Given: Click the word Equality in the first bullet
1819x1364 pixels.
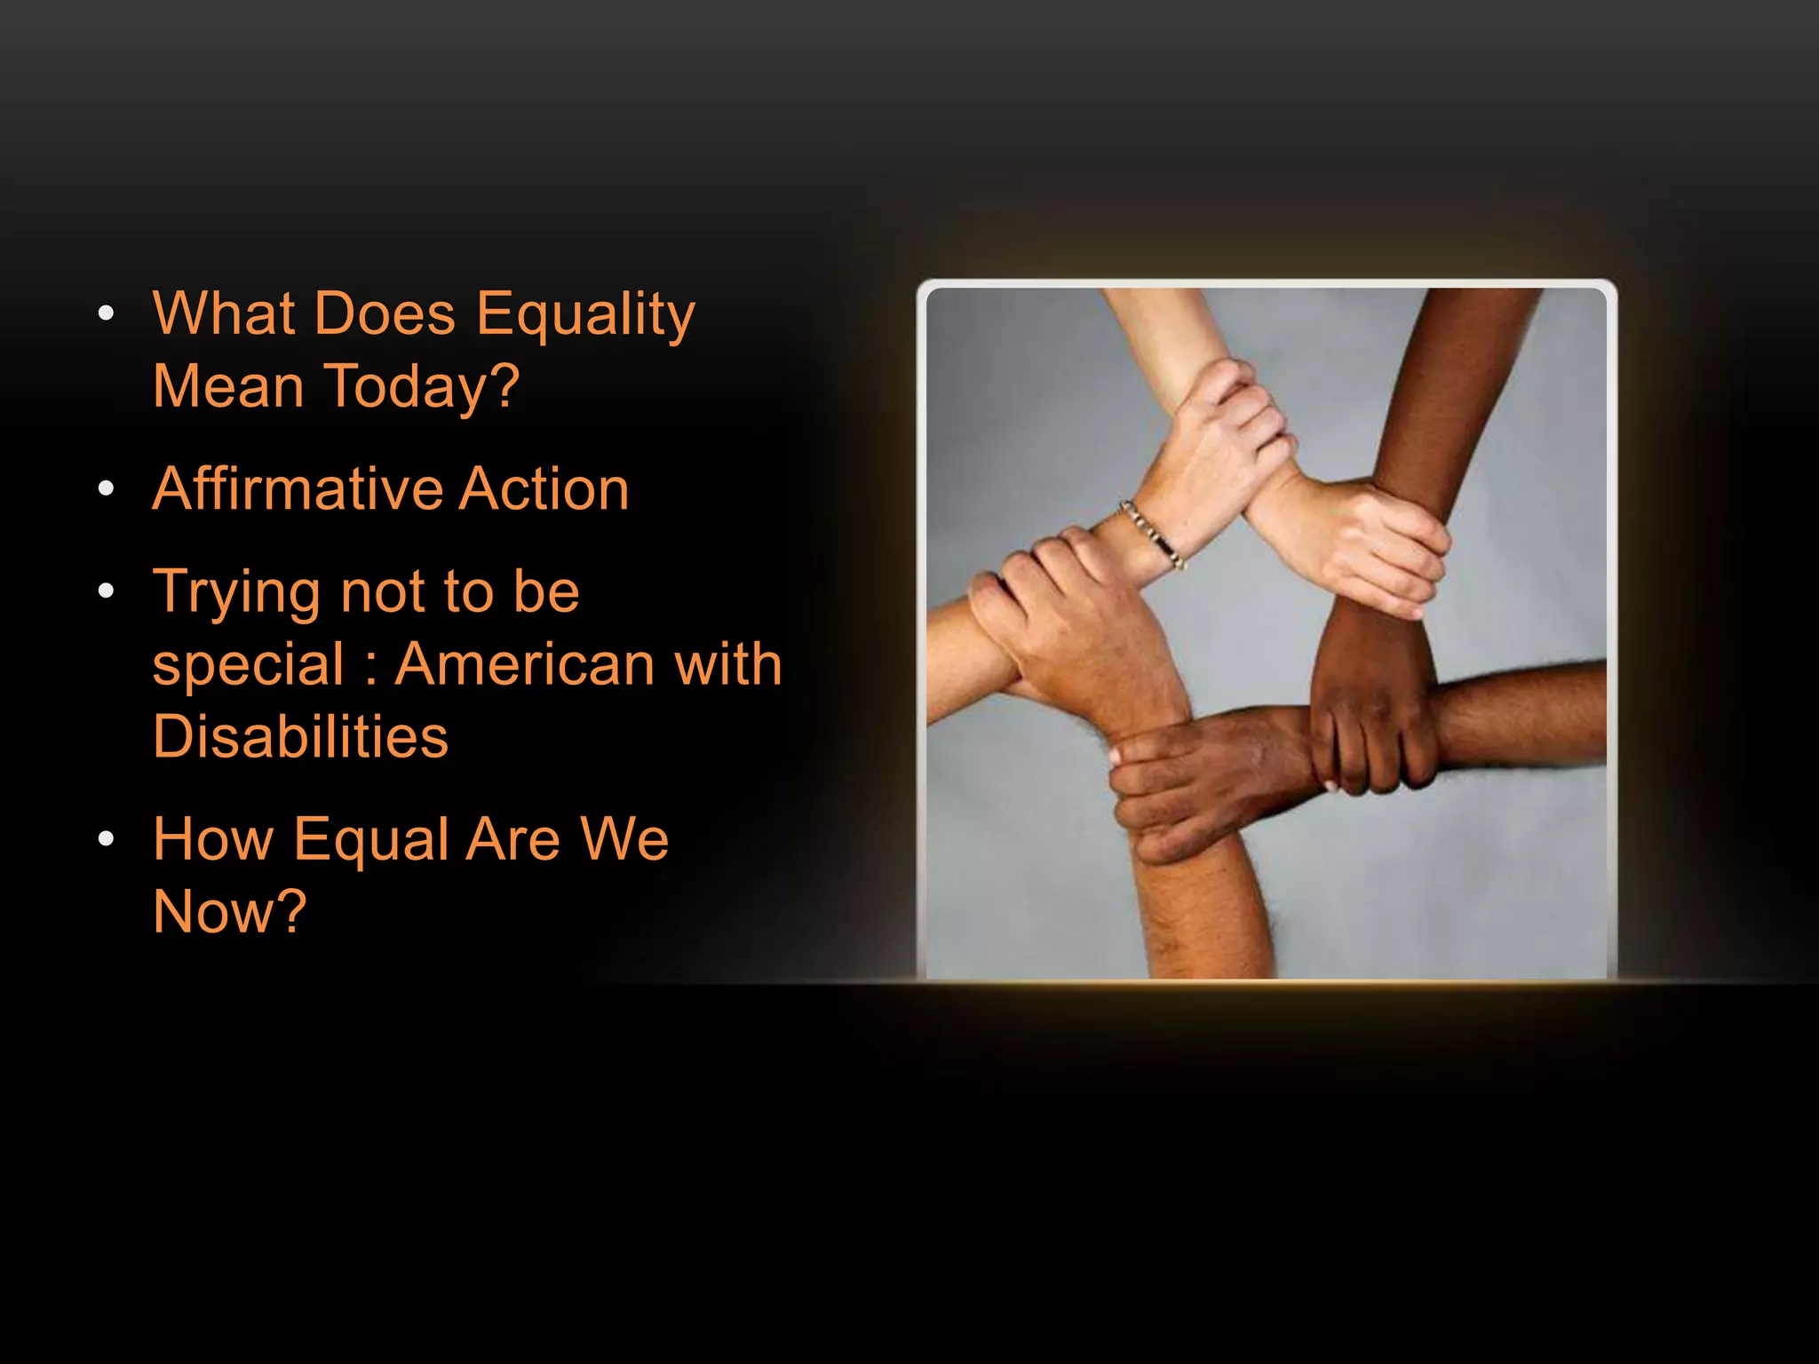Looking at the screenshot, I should tap(585, 316).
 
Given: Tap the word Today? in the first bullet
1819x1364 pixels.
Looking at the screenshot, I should tap(424, 388).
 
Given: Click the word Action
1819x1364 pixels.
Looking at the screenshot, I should tap(544, 488).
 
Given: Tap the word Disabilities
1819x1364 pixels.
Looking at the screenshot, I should tap(300, 737).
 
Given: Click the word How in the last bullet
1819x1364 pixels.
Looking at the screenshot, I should tap(212, 839).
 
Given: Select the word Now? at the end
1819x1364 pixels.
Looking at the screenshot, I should tap(230, 912).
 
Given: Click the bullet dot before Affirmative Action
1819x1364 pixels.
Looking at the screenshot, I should tap(107, 488).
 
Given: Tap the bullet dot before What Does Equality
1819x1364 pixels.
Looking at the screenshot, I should tap(107, 313).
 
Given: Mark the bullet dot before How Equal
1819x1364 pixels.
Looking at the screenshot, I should tap(107, 838).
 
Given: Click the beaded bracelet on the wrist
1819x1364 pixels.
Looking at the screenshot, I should tap(1152, 534).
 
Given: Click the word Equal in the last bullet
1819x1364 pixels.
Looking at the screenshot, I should tap(371, 839).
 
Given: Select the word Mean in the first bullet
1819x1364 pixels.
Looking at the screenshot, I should tap(228, 388).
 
